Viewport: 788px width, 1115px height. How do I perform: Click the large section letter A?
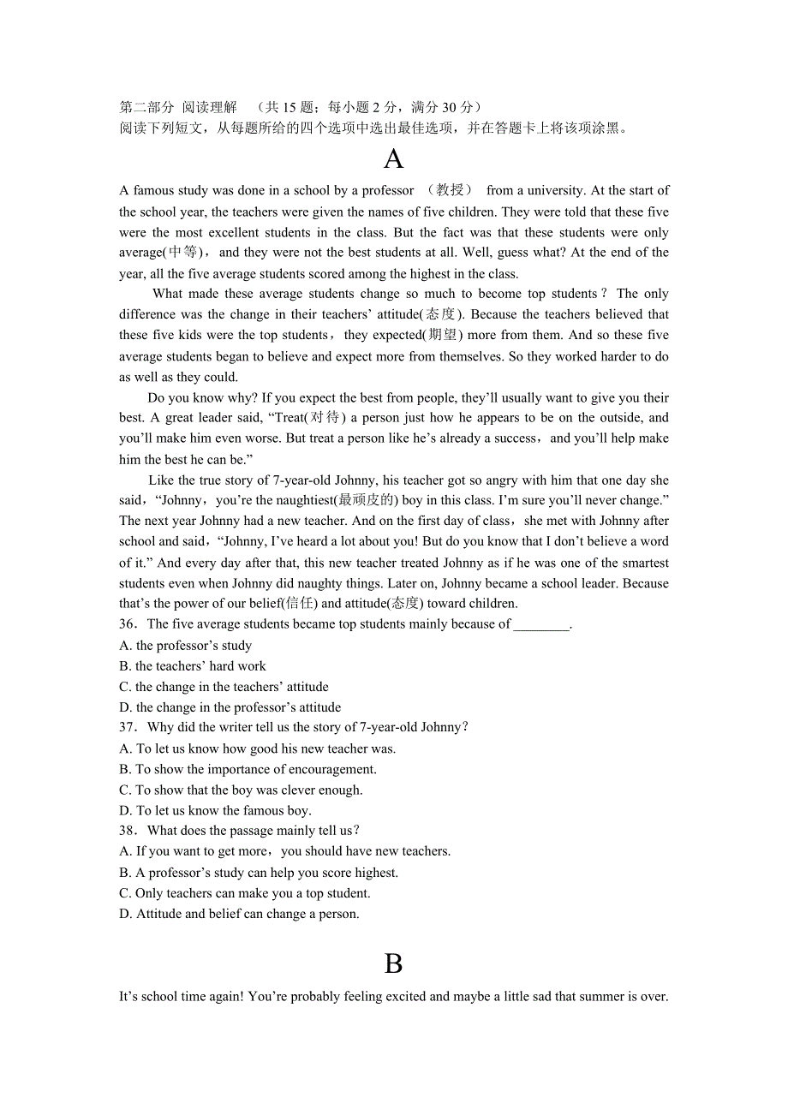click(x=393, y=159)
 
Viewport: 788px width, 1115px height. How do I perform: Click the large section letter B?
click(x=393, y=964)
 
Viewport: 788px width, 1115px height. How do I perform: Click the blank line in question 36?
click(x=541, y=625)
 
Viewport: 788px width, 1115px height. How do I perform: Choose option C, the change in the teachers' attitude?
click(x=224, y=687)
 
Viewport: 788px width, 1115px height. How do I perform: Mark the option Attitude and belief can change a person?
click(x=239, y=914)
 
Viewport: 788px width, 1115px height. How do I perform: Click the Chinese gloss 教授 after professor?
click(x=450, y=190)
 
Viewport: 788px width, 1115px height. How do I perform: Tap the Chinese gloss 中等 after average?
click(x=182, y=253)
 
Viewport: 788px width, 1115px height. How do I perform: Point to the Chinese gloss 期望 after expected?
click(x=444, y=335)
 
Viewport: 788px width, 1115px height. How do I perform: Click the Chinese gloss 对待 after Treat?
click(x=326, y=418)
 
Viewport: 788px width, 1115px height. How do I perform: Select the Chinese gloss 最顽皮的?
click(x=366, y=500)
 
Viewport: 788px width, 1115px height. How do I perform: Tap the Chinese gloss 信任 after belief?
click(x=298, y=604)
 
